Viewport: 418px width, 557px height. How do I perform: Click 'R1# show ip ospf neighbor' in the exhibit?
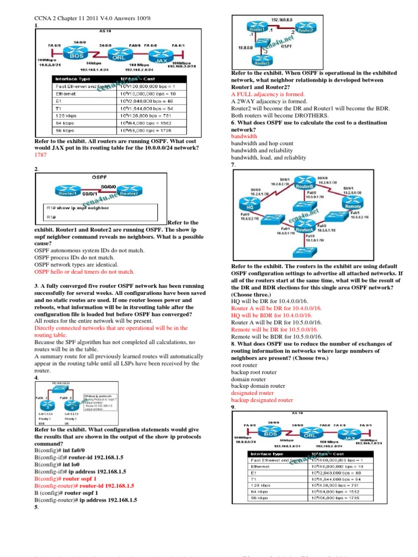70,208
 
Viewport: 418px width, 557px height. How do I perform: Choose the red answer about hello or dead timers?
84,271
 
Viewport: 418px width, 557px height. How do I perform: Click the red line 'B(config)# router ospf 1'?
65,479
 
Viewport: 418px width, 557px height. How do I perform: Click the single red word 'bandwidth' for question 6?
244,137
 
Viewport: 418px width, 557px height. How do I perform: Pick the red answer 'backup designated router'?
262,400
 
